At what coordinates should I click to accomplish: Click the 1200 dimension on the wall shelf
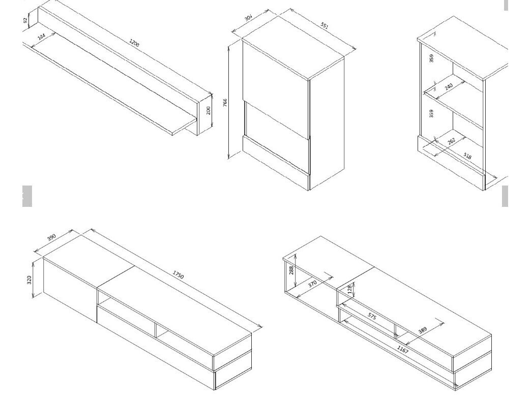point(134,43)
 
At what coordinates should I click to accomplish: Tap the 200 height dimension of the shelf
point(208,110)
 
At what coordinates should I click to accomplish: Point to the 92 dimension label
point(25,21)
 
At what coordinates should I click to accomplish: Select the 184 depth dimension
point(41,37)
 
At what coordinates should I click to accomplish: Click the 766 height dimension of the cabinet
point(225,103)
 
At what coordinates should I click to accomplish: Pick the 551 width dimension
point(324,26)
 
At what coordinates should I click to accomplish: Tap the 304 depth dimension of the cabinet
point(249,18)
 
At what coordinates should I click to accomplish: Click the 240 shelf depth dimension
point(449,86)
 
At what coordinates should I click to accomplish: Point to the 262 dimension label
point(452,141)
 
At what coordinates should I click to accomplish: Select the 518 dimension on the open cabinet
point(467,156)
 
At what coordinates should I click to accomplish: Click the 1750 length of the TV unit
point(178,274)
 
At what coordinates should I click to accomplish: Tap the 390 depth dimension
point(51,237)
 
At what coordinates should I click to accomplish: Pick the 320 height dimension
point(29,280)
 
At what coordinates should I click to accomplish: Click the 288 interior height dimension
point(291,270)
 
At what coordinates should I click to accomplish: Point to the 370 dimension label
point(312,284)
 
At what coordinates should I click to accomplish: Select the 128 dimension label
point(350,289)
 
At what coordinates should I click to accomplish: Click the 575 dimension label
point(372,317)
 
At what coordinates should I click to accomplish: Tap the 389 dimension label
point(422,330)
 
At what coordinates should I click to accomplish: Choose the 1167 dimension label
point(403,350)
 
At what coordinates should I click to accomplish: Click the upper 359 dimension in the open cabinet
point(431,58)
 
